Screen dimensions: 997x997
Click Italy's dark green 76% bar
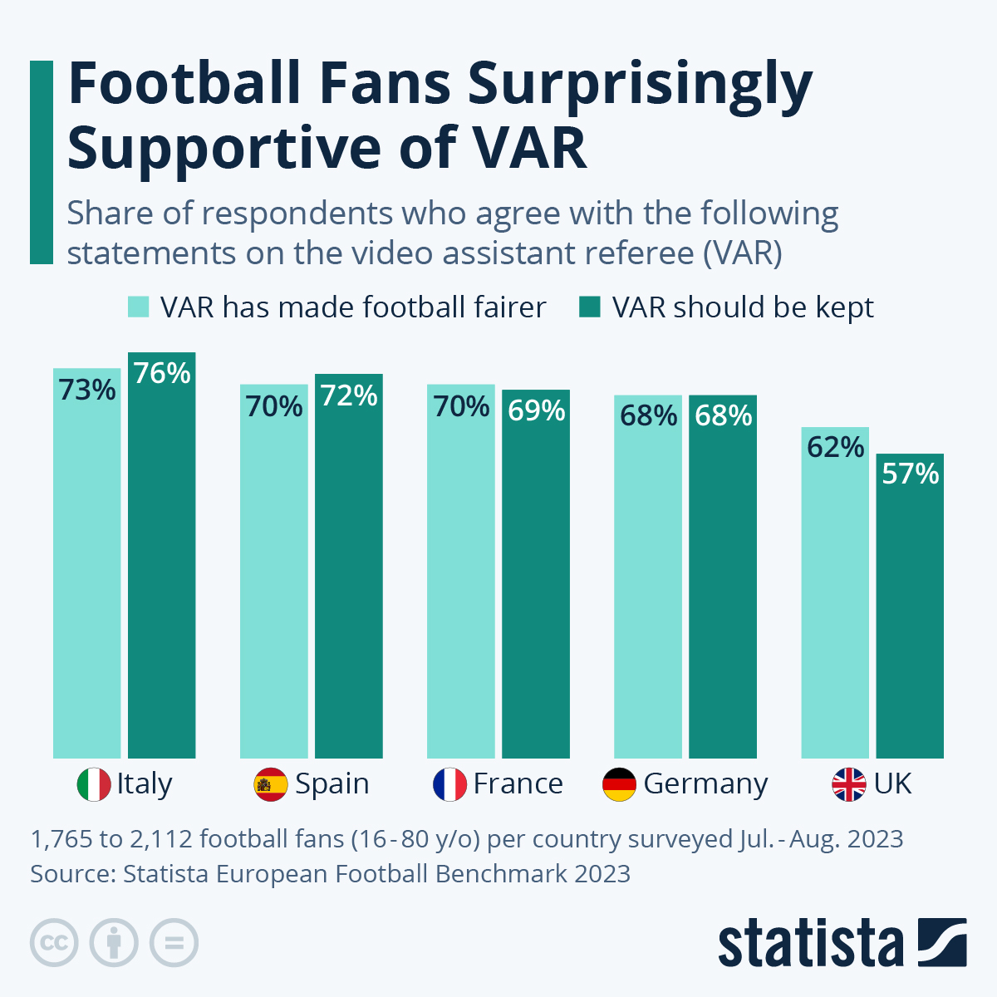pos(161,565)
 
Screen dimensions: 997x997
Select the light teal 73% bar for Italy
pos(86,573)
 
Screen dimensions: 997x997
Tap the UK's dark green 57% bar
pos(910,615)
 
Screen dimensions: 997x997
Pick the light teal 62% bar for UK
pos(835,598)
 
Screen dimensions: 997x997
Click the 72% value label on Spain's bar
pos(349,396)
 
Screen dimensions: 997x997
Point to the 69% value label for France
pos(536,410)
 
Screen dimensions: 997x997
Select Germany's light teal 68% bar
pos(648,582)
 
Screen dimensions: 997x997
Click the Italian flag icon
pos(94,784)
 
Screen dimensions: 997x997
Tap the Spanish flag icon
pos(271,784)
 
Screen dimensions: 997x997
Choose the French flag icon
pos(450,784)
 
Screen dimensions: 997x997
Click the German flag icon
pos(619,784)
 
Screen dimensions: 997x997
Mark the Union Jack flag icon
pos(849,784)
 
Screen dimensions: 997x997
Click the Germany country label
pos(705,784)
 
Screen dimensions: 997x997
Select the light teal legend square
pos(138,307)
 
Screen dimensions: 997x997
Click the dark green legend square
pos(589,307)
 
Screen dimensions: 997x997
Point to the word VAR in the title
pos(529,148)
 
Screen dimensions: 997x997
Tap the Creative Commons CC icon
pos(54,943)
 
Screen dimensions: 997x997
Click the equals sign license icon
pos(174,943)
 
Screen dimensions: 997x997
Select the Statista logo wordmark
pos(810,944)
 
